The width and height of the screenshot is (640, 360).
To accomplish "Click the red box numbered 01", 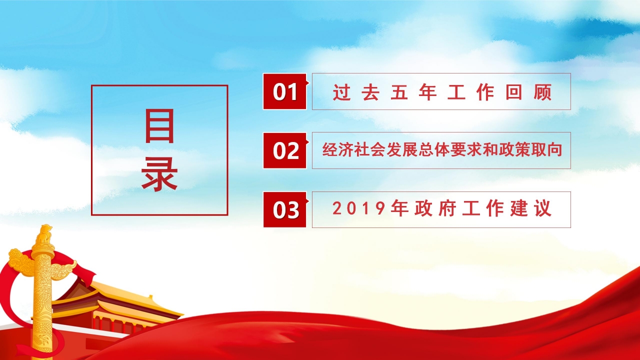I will point(284,91).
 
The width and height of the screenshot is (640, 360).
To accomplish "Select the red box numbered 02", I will point(284,150).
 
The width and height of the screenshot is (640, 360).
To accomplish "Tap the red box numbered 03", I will point(284,209).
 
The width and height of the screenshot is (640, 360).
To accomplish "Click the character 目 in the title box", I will point(159,126).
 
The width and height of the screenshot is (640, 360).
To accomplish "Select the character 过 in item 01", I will point(342,93).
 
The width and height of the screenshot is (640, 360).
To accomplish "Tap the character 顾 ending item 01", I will point(542,93).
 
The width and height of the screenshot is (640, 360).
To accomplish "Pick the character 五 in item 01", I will point(399,93).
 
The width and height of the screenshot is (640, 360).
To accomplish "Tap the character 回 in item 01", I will point(513,93).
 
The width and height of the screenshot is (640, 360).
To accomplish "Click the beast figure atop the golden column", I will point(44,233).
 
